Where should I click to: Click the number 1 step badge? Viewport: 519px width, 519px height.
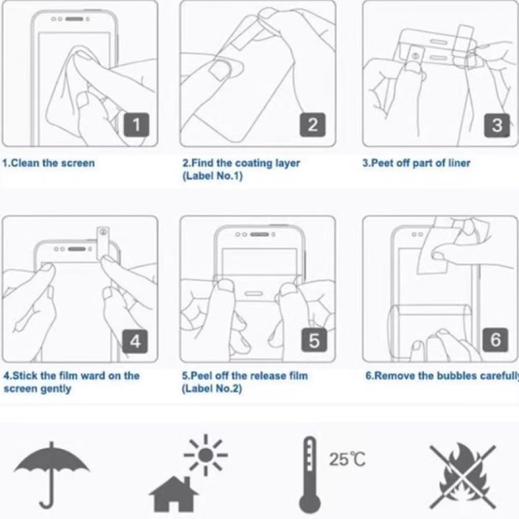(136, 124)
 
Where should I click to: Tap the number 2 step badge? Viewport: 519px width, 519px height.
(313, 124)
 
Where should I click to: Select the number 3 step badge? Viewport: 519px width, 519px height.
(497, 125)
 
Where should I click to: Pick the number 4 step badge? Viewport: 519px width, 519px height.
(135, 341)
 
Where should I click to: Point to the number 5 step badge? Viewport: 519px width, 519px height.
(314, 340)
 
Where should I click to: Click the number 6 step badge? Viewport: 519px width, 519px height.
(496, 340)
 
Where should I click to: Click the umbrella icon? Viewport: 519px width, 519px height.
(52, 475)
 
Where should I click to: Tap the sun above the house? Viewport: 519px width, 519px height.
(206, 455)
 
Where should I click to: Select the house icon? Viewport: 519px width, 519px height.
(174, 494)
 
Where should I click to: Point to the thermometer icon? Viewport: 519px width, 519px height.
(310, 475)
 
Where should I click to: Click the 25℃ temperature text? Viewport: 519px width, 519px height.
(347, 459)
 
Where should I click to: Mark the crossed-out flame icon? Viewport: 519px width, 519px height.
(463, 476)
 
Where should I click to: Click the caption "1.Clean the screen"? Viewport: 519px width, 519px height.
(49, 163)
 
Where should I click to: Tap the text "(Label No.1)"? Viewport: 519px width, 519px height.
(212, 176)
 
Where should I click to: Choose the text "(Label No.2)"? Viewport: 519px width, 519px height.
(212, 388)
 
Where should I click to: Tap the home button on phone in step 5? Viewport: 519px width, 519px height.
(253, 294)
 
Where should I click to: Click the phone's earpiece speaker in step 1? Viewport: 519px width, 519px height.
(75, 19)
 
